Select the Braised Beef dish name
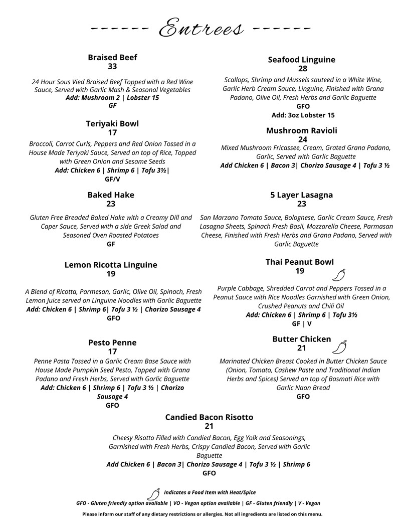click(x=112, y=57)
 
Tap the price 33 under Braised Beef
click(x=112, y=66)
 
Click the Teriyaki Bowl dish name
click(x=112, y=123)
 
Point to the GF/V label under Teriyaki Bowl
click(x=112, y=179)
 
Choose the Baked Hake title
click(x=111, y=195)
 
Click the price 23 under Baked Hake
click(x=111, y=204)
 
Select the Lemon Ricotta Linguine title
click(x=111, y=265)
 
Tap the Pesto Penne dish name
click(x=112, y=342)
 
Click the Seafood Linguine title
click(x=302, y=60)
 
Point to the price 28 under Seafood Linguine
click(x=303, y=69)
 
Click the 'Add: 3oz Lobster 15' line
click(x=303, y=115)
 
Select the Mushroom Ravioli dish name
click(x=302, y=130)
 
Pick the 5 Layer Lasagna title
click(x=302, y=195)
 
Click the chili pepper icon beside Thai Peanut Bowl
click(x=339, y=275)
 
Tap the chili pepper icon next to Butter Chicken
click(x=339, y=347)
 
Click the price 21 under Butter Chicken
click(x=302, y=348)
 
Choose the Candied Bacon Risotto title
click(x=209, y=417)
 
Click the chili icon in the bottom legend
click(x=153, y=493)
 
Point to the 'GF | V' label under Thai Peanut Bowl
click(x=302, y=324)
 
